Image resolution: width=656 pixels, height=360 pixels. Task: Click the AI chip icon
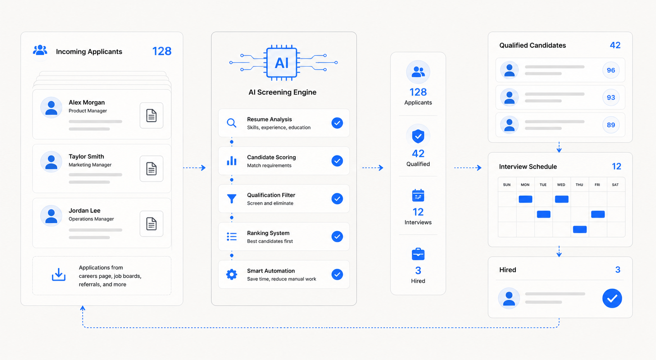click(x=282, y=62)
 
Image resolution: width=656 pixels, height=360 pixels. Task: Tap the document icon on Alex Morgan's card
click(x=152, y=115)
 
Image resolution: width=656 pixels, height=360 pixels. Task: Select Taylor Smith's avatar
click(x=51, y=162)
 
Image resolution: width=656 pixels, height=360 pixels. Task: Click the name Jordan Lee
click(x=84, y=210)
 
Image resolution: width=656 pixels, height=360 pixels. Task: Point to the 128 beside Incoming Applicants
click(x=162, y=51)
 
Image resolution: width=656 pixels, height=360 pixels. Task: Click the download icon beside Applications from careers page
click(x=59, y=274)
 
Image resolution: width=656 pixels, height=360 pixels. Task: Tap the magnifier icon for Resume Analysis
click(x=231, y=123)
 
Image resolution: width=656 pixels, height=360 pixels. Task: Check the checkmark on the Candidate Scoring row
click(x=337, y=161)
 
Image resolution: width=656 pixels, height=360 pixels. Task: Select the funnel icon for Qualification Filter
click(x=232, y=198)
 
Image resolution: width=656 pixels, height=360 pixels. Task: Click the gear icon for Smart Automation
click(x=232, y=274)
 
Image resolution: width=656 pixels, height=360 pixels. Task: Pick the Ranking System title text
click(x=268, y=233)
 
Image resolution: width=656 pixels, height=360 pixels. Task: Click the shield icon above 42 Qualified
click(x=418, y=136)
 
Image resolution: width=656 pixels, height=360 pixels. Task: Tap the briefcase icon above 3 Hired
click(x=418, y=254)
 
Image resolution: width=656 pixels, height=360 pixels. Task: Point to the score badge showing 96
click(x=611, y=70)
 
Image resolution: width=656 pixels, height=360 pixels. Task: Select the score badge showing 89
click(x=611, y=125)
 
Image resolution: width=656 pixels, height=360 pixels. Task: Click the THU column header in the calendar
click(x=579, y=185)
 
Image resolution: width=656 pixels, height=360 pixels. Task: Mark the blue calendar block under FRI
click(x=598, y=214)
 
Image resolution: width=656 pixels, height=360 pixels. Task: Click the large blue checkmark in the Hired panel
click(x=612, y=298)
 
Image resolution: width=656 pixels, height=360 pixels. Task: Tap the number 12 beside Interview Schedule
click(x=616, y=166)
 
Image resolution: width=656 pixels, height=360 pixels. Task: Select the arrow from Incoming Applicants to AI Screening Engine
click(x=195, y=167)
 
